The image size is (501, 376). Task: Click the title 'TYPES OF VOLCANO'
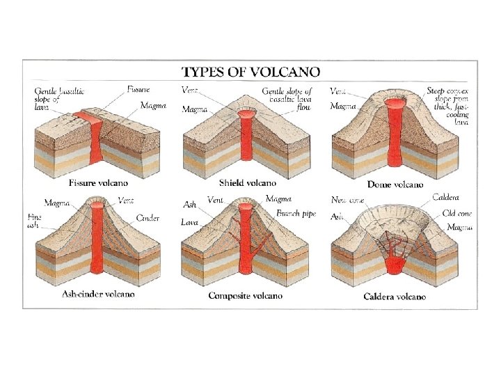click(250, 71)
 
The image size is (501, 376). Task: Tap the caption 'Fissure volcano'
click(98, 183)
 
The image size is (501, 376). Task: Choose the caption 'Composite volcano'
click(246, 295)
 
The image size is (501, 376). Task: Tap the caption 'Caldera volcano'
click(395, 297)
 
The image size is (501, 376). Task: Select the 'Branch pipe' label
click(296, 214)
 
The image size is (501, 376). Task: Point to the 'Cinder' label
click(148, 218)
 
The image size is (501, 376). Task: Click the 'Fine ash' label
click(35, 221)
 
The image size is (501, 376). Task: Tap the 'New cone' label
click(347, 200)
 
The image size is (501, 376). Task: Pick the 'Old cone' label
click(457, 214)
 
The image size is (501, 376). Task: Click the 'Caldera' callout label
click(445, 197)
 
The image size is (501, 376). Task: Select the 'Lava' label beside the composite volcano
click(190, 223)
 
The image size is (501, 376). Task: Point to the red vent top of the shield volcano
click(246, 113)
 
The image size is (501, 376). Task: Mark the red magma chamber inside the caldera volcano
click(395, 263)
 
